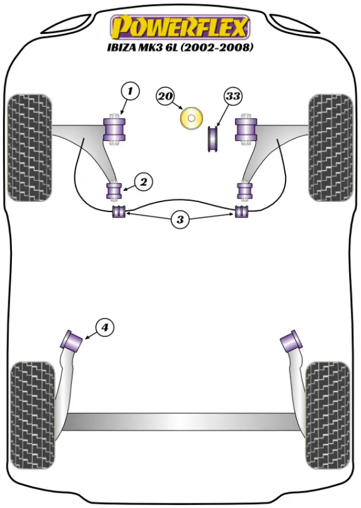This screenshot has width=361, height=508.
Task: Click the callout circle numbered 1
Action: pyautogui.click(x=130, y=91)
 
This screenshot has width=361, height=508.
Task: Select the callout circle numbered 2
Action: pyautogui.click(x=143, y=182)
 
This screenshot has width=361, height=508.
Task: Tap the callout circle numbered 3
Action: pyautogui.click(x=180, y=220)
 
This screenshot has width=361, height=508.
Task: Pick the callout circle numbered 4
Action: pyautogui.click(x=104, y=327)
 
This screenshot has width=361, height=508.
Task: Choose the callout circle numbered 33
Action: pyautogui.click(x=234, y=96)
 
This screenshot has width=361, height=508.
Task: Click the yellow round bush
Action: pyautogui.click(x=191, y=117)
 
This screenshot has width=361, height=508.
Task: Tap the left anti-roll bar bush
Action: pyautogui.click(x=119, y=212)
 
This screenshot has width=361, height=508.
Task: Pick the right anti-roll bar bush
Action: pyautogui.click(x=241, y=212)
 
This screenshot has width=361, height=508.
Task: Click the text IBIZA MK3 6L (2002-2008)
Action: pyautogui.click(x=180, y=48)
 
